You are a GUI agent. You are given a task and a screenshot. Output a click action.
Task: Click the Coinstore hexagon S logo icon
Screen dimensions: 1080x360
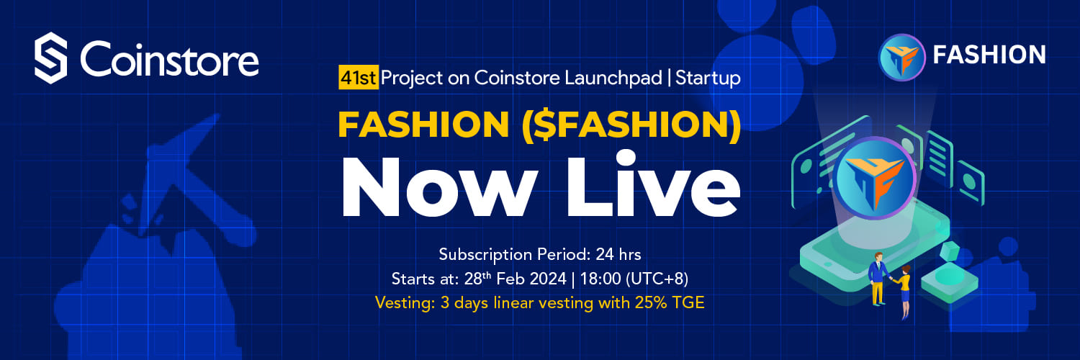tap(50, 58)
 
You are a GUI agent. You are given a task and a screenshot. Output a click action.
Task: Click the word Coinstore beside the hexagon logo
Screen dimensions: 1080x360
tap(169, 59)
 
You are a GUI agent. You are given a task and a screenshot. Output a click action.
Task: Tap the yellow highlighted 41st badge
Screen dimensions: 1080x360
tap(359, 78)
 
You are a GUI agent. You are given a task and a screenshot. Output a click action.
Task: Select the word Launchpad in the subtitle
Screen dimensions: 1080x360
tap(613, 78)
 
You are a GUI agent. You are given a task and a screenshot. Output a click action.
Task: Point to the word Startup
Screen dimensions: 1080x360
tap(708, 78)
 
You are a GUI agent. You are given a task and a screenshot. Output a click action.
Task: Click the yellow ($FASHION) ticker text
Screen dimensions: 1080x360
tap(631, 125)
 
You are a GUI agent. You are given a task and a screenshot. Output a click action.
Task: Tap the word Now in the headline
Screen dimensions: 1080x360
tap(439, 187)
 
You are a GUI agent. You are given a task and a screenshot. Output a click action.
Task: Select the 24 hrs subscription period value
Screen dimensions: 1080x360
tap(618, 254)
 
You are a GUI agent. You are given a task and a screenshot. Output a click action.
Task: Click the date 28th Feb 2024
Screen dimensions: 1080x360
tap(515, 279)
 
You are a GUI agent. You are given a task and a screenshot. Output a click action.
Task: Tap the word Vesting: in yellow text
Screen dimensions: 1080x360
tap(405, 303)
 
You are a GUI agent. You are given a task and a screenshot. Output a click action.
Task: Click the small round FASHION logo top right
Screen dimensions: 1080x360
tap(901, 58)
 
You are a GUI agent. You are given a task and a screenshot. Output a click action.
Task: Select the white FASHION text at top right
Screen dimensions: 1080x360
tap(989, 55)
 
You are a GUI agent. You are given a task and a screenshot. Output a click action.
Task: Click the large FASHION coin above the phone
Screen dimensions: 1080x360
tap(875, 178)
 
